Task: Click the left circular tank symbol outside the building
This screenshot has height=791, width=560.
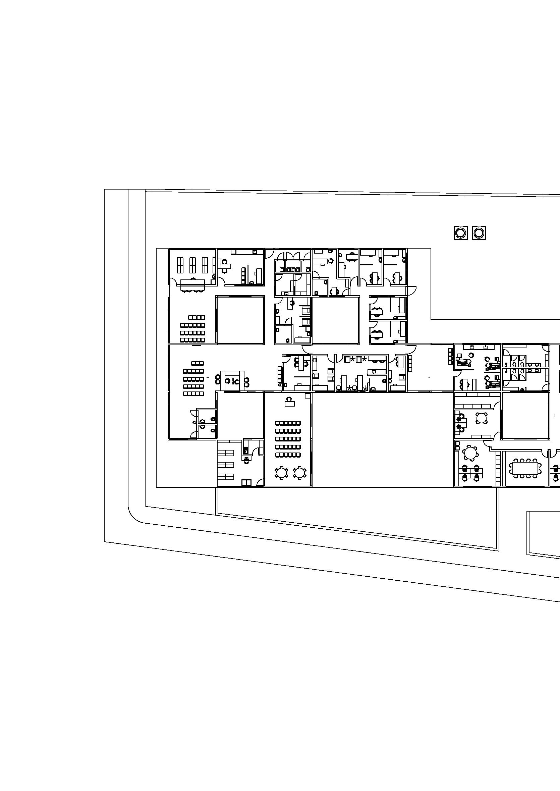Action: click(460, 233)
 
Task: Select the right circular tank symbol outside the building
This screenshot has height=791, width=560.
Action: click(479, 233)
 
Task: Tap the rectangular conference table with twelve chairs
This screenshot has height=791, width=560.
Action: click(525, 468)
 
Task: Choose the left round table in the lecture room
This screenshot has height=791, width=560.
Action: click(282, 472)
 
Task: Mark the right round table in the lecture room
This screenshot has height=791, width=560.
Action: click(300, 472)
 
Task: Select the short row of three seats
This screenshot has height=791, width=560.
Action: click(197, 363)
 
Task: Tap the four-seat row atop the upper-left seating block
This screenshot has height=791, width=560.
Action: click(197, 317)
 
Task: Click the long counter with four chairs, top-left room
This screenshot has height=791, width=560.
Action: click(192, 285)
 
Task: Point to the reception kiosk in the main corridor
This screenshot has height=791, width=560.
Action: click(232, 381)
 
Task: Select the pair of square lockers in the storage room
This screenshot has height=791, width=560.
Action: click(246, 483)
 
